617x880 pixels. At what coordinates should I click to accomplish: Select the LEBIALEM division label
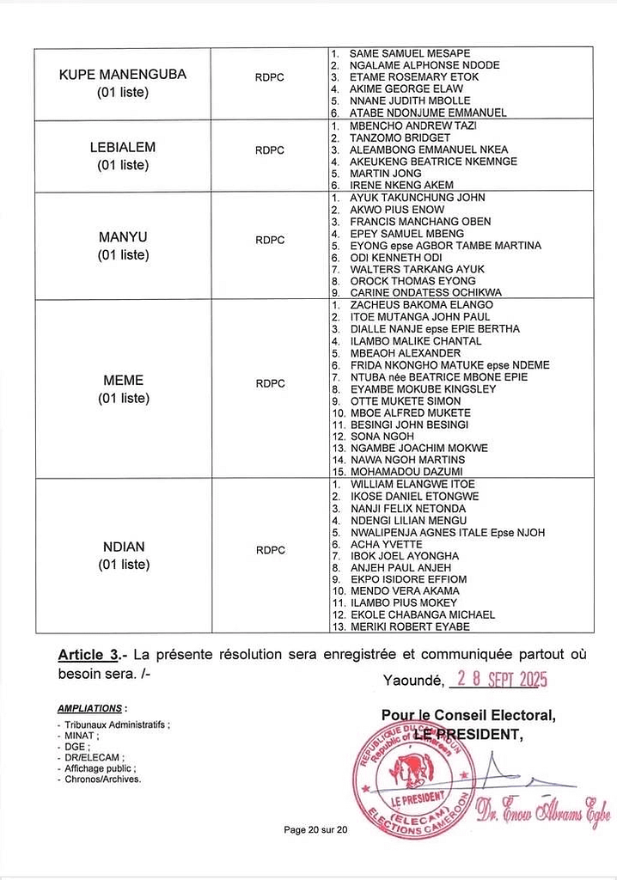(123, 147)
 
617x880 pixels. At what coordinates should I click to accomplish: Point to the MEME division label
(123, 380)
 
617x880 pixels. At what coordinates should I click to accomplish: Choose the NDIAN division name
(123, 547)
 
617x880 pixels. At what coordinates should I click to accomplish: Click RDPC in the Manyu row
(270, 240)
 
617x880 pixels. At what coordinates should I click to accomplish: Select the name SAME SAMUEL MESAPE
(409, 53)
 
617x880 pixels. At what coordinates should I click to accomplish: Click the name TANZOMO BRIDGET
(399, 137)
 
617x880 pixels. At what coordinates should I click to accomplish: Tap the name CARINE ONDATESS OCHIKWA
(425, 293)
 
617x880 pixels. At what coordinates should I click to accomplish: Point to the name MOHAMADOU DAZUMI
(406, 473)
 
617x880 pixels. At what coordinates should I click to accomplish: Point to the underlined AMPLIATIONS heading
(90, 709)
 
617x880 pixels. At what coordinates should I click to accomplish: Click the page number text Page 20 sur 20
(315, 829)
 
